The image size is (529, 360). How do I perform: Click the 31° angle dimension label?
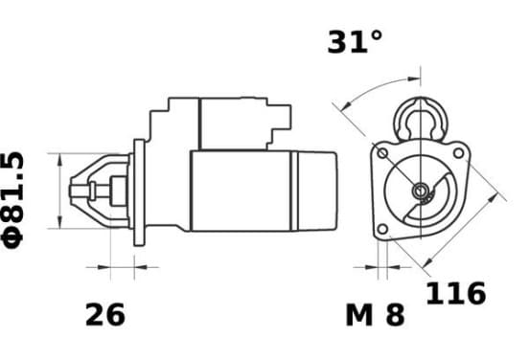pos(355,42)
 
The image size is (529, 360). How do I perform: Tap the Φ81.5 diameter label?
pos(12,200)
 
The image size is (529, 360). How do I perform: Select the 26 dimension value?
pos(105,315)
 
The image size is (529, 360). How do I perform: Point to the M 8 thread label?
pos(375,315)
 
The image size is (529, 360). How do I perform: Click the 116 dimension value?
pos(456,293)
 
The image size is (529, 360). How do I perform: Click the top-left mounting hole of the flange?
pos(382,153)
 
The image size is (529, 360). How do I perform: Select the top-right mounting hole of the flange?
pos(458,153)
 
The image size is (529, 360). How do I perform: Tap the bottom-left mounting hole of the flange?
pos(382,229)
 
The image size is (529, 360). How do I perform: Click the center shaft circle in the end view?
pos(421,191)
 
